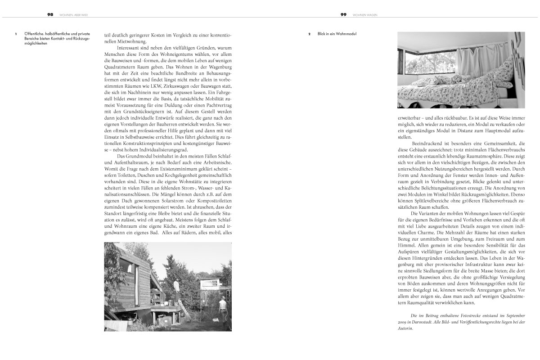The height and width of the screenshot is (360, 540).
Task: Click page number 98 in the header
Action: pos(50,14)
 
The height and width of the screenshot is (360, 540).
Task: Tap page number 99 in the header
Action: pos(343,14)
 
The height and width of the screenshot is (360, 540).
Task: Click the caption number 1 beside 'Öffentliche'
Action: pos(16,34)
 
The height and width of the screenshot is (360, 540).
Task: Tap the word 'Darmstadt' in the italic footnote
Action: pos(428,323)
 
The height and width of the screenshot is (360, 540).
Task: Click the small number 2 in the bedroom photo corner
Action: pos(400,106)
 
